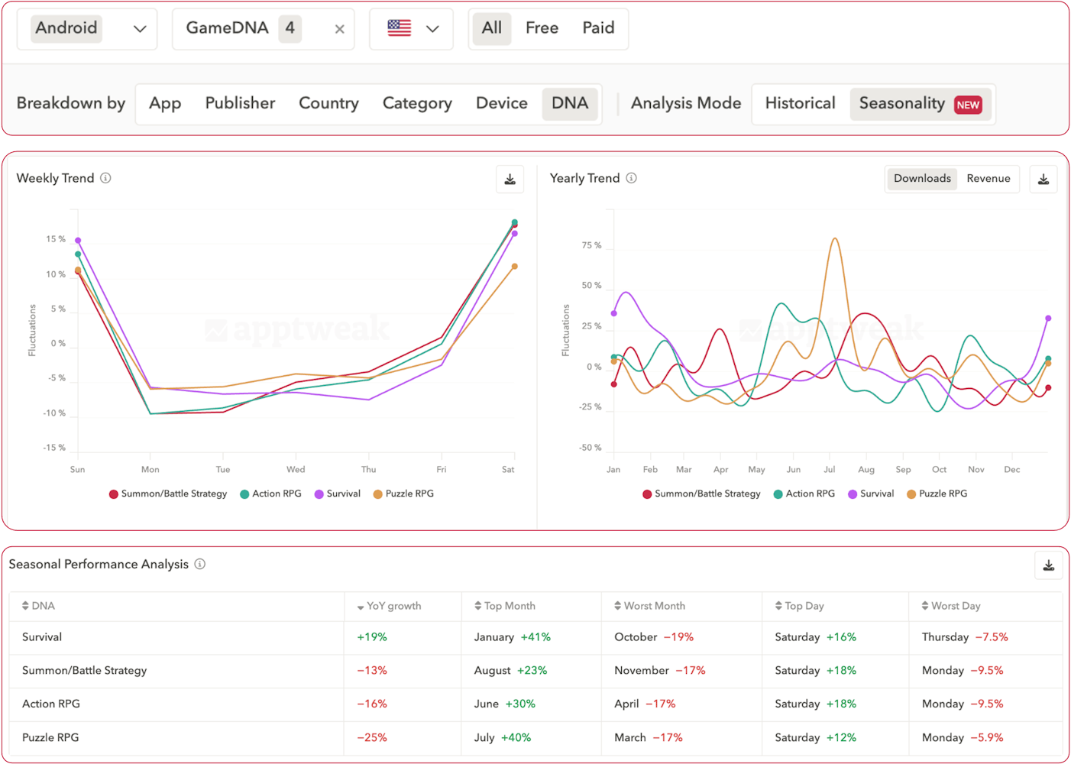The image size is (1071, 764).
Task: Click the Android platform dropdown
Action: point(87,29)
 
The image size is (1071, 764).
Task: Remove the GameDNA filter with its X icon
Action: point(339,29)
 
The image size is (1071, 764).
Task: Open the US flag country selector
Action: point(412,29)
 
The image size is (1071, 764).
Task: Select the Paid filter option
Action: point(598,28)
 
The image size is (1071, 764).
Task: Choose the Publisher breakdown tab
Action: point(240,103)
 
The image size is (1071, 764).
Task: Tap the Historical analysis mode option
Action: point(800,103)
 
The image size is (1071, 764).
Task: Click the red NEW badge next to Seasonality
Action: point(968,105)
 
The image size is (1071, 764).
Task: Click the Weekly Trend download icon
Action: point(510,180)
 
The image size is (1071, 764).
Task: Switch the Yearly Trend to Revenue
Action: point(988,179)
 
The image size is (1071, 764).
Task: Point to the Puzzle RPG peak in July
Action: point(834,239)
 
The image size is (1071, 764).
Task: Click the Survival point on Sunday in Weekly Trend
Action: point(78,241)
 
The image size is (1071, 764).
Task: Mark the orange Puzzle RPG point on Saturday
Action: point(514,267)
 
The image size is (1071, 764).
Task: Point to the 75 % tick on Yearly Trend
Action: point(591,246)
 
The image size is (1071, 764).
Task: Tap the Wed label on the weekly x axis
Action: point(296,470)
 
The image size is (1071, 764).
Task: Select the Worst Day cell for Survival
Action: point(964,637)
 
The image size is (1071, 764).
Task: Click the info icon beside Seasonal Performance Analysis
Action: point(200,565)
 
